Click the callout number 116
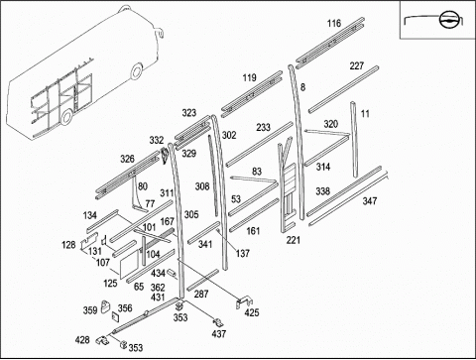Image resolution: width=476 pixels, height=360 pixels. (334, 24)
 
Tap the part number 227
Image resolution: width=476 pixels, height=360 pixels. (357, 66)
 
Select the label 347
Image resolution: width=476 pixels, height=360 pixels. (370, 201)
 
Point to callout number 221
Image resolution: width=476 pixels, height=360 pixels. (294, 240)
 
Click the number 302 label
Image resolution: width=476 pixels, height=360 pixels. (229, 135)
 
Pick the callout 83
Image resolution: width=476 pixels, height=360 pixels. (257, 172)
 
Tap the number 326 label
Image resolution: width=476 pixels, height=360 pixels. (127, 159)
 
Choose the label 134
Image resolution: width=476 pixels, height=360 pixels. (90, 215)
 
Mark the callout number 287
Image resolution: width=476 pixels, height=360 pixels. (201, 294)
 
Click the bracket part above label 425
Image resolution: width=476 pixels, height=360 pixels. (244, 301)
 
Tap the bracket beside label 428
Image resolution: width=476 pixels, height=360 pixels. (103, 339)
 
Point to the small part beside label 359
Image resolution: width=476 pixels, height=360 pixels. (105, 306)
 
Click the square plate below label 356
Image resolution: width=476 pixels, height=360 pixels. (115, 317)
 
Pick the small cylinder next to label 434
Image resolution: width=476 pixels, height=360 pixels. (172, 273)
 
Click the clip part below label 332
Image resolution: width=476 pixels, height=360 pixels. (165, 156)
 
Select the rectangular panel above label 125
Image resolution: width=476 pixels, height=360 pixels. (130, 264)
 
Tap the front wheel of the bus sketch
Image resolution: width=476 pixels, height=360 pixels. (137, 71)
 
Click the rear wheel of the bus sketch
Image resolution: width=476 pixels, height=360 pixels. (66, 116)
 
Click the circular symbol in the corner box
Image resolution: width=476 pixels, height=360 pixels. (448, 20)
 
